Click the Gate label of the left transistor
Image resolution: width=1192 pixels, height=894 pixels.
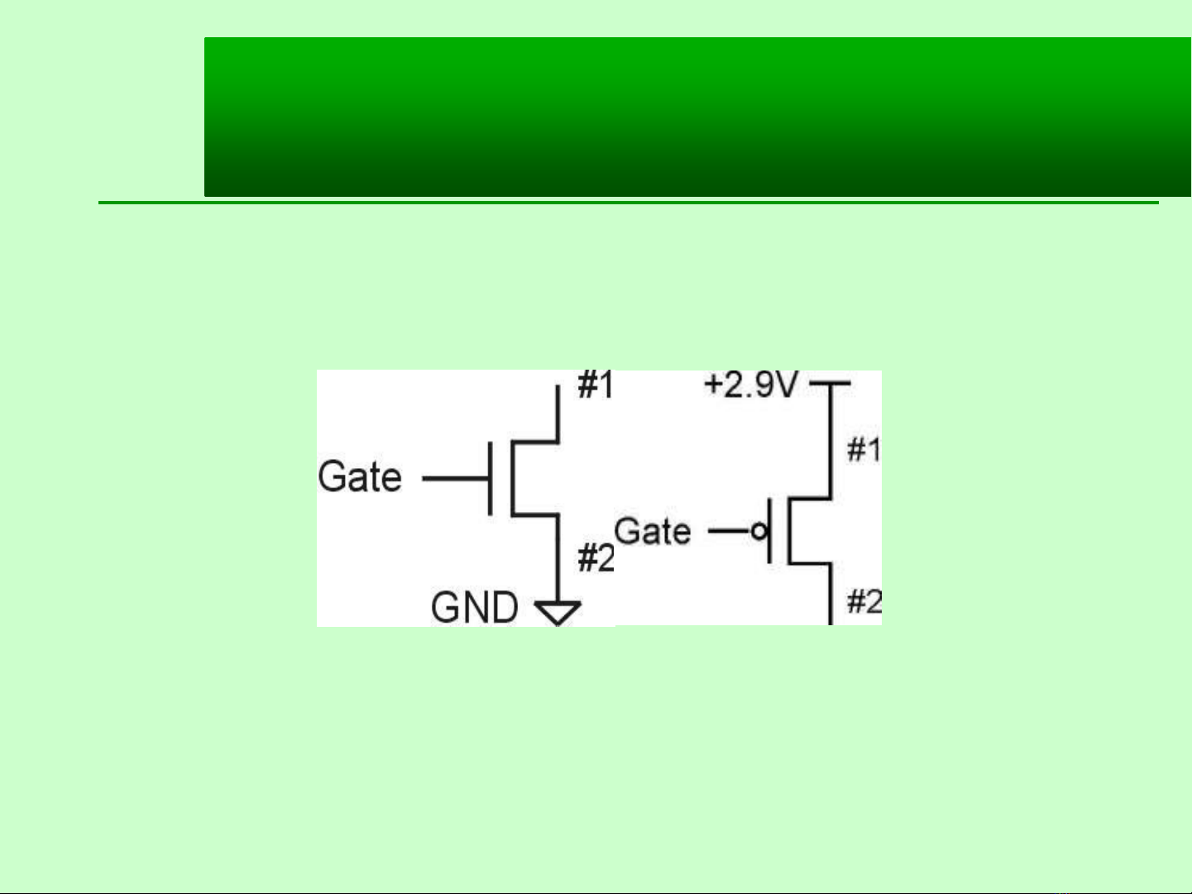tap(360, 476)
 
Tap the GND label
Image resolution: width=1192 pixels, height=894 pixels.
tap(474, 607)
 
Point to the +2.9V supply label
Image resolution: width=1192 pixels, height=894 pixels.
tap(751, 385)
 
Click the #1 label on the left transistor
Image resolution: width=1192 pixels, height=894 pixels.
tap(596, 385)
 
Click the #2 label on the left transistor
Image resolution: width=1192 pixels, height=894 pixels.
tap(596, 558)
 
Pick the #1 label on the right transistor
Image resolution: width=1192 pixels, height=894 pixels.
tap(864, 449)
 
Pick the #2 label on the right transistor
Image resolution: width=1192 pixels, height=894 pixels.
tap(864, 601)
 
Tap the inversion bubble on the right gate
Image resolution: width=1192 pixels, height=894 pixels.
tap(759, 531)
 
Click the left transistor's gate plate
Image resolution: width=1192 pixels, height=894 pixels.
tap(491, 478)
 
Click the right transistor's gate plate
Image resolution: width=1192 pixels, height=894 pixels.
tap(769, 531)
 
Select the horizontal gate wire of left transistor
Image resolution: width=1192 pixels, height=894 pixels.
tap(455, 478)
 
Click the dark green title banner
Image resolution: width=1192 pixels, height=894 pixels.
tap(697, 117)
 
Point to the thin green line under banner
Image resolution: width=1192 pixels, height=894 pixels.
tap(629, 203)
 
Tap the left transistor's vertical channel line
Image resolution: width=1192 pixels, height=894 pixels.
tap(512, 478)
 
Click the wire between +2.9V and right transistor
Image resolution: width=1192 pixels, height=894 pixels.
tap(831, 440)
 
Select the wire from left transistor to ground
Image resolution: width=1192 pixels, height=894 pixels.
tap(558, 557)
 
